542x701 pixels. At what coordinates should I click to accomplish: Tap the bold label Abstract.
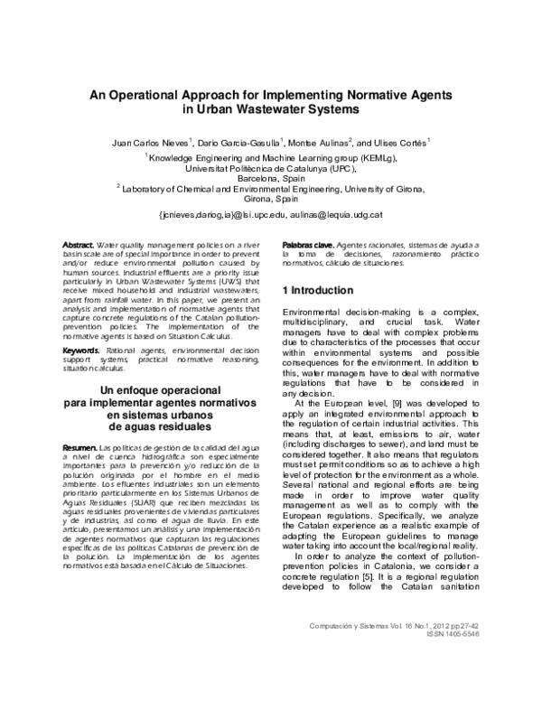(77, 246)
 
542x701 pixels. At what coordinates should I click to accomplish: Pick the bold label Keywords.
(79, 350)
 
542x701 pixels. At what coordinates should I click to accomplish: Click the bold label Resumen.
(78, 448)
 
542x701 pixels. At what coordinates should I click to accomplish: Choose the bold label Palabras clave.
(309, 246)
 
